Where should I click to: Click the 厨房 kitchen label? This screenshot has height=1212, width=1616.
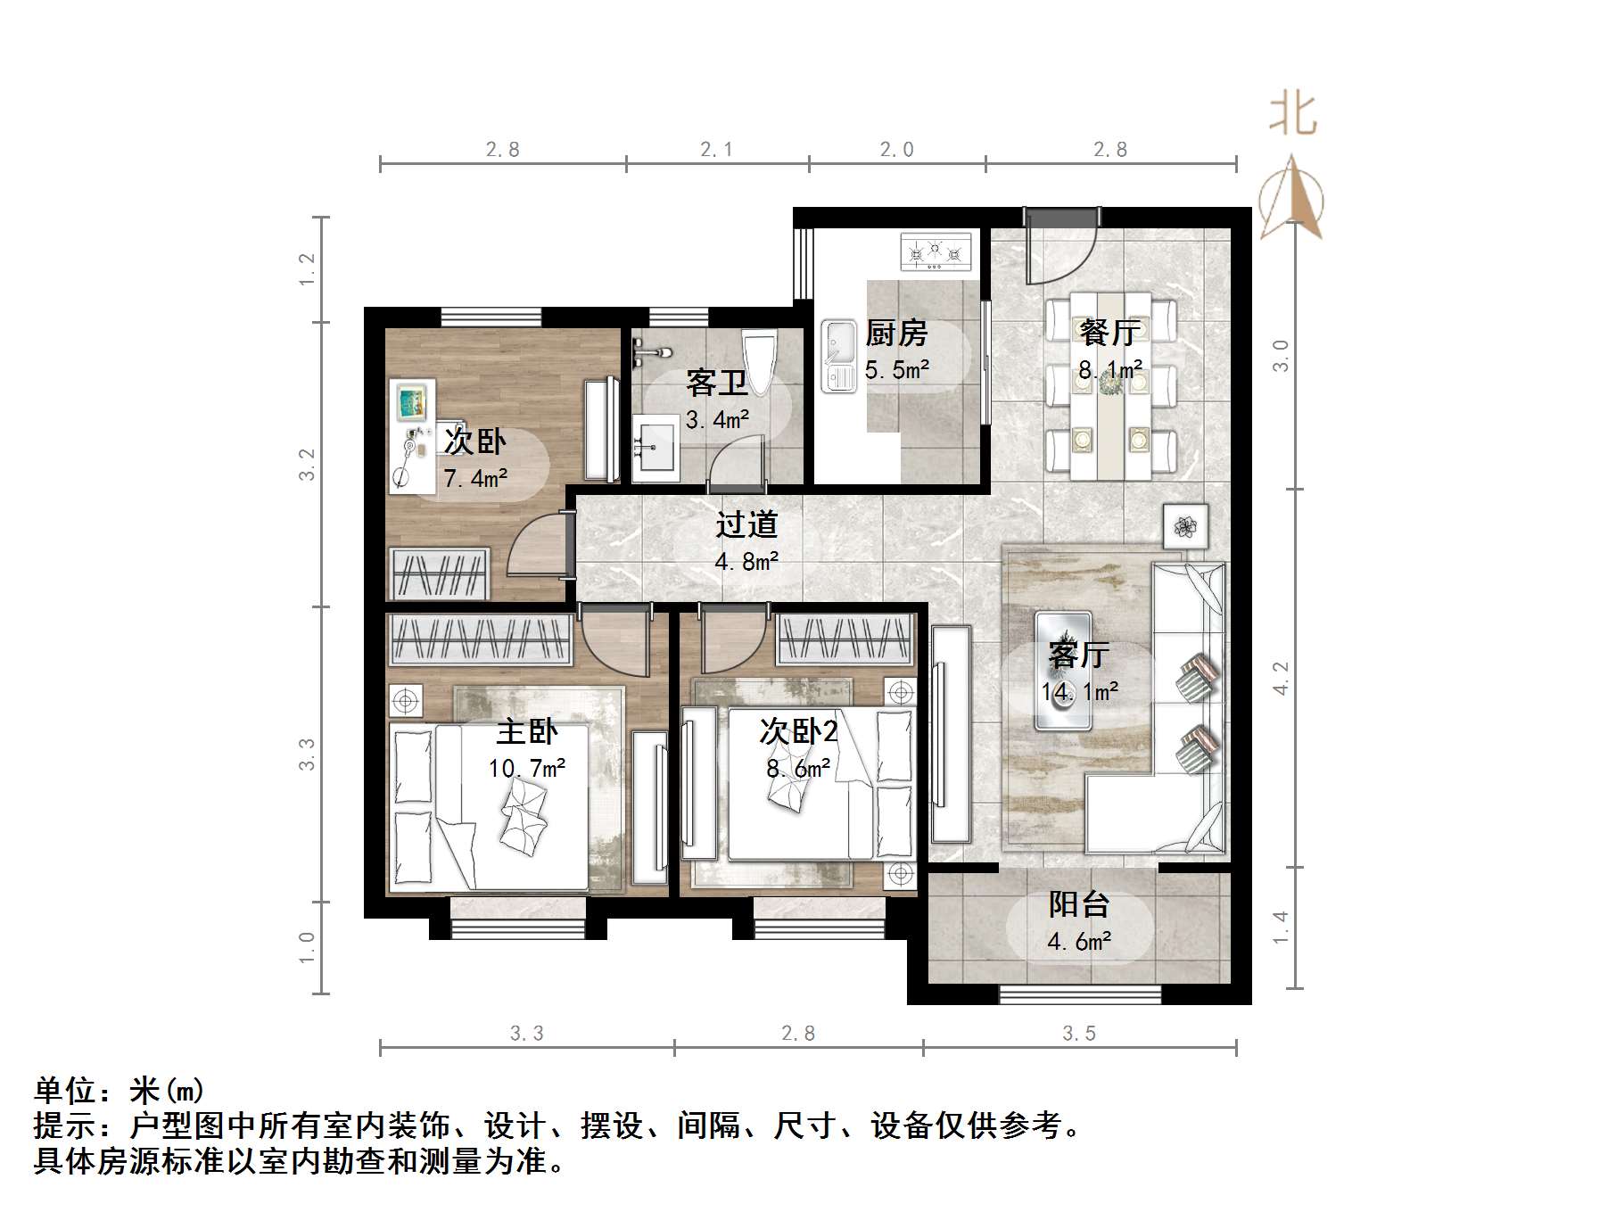(896, 334)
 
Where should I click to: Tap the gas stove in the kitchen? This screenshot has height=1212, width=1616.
(935, 251)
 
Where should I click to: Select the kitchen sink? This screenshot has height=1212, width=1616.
(838, 357)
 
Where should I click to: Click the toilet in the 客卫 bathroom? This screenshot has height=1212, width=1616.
(759, 360)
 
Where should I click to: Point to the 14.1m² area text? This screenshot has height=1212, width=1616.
(1080, 692)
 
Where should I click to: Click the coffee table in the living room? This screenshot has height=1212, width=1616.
(1063, 671)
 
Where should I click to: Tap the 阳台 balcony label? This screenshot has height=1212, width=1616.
(1078, 904)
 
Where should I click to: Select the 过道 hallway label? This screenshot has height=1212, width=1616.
(746, 524)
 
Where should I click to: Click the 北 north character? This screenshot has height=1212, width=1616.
(1292, 116)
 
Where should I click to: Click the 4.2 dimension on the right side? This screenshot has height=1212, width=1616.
(1281, 678)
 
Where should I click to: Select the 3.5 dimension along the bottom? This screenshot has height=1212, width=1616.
(1078, 1033)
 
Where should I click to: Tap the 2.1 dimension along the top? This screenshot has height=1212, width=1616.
(716, 150)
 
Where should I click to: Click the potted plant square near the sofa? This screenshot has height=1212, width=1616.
(1185, 526)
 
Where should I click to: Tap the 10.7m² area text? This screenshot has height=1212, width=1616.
(526, 768)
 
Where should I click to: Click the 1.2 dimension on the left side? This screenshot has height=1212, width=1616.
(307, 269)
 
